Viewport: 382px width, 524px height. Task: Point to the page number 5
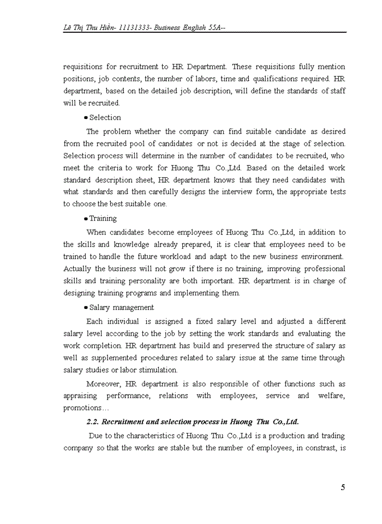point(343,487)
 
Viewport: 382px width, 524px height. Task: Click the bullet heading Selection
point(105,117)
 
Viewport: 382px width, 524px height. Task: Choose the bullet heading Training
point(103,218)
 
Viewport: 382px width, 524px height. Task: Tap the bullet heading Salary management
point(121,307)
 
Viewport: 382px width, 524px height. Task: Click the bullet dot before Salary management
point(86,308)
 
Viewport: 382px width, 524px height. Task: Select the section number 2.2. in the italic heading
point(93,422)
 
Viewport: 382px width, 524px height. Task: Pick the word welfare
point(332,396)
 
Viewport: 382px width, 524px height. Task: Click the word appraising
point(80,396)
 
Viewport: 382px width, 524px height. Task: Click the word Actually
point(77,269)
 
